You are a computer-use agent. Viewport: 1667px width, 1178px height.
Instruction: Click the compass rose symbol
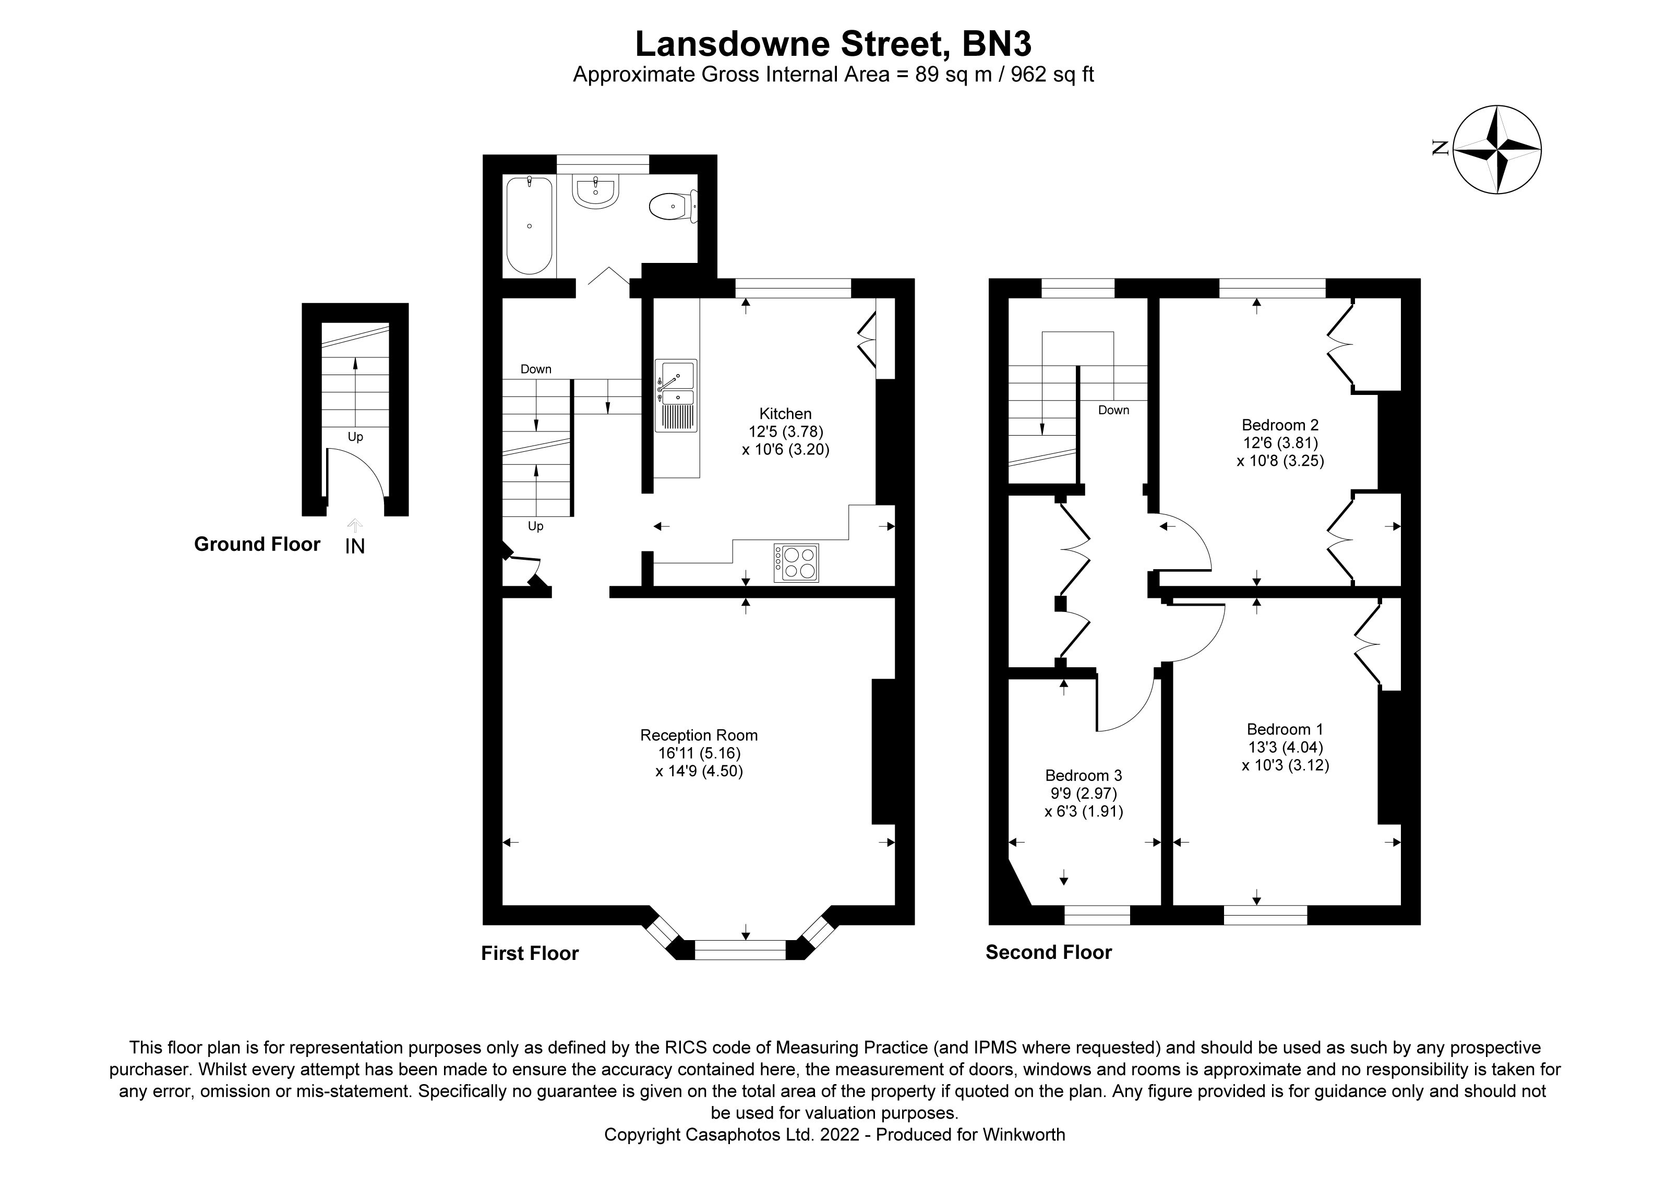[1497, 150]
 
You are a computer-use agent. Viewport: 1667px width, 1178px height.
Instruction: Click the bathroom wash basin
[595, 193]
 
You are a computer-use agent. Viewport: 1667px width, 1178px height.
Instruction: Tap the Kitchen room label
[785, 414]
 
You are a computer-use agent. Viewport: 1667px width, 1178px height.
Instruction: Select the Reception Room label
[699, 735]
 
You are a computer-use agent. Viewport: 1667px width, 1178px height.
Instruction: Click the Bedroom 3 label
[1083, 776]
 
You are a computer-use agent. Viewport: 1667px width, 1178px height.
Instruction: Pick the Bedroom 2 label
[1280, 425]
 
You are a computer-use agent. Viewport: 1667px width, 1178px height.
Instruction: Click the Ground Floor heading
[257, 544]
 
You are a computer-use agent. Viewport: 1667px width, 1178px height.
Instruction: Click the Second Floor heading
[1048, 952]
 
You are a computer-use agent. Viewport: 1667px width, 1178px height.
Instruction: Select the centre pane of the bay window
[740, 949]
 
